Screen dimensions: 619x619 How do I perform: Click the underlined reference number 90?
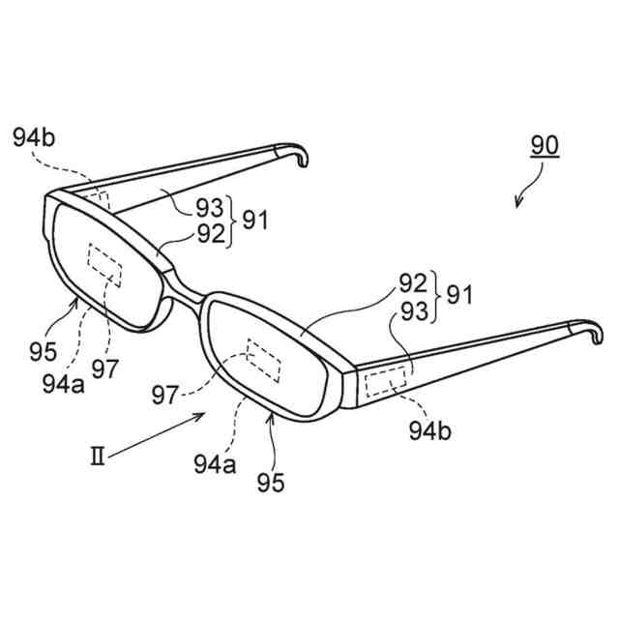click(545, 147)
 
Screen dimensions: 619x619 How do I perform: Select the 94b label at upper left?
click(35, 136)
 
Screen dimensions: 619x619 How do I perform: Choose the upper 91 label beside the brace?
click(255, 220)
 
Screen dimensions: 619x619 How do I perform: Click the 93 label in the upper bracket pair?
click(208, 206)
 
